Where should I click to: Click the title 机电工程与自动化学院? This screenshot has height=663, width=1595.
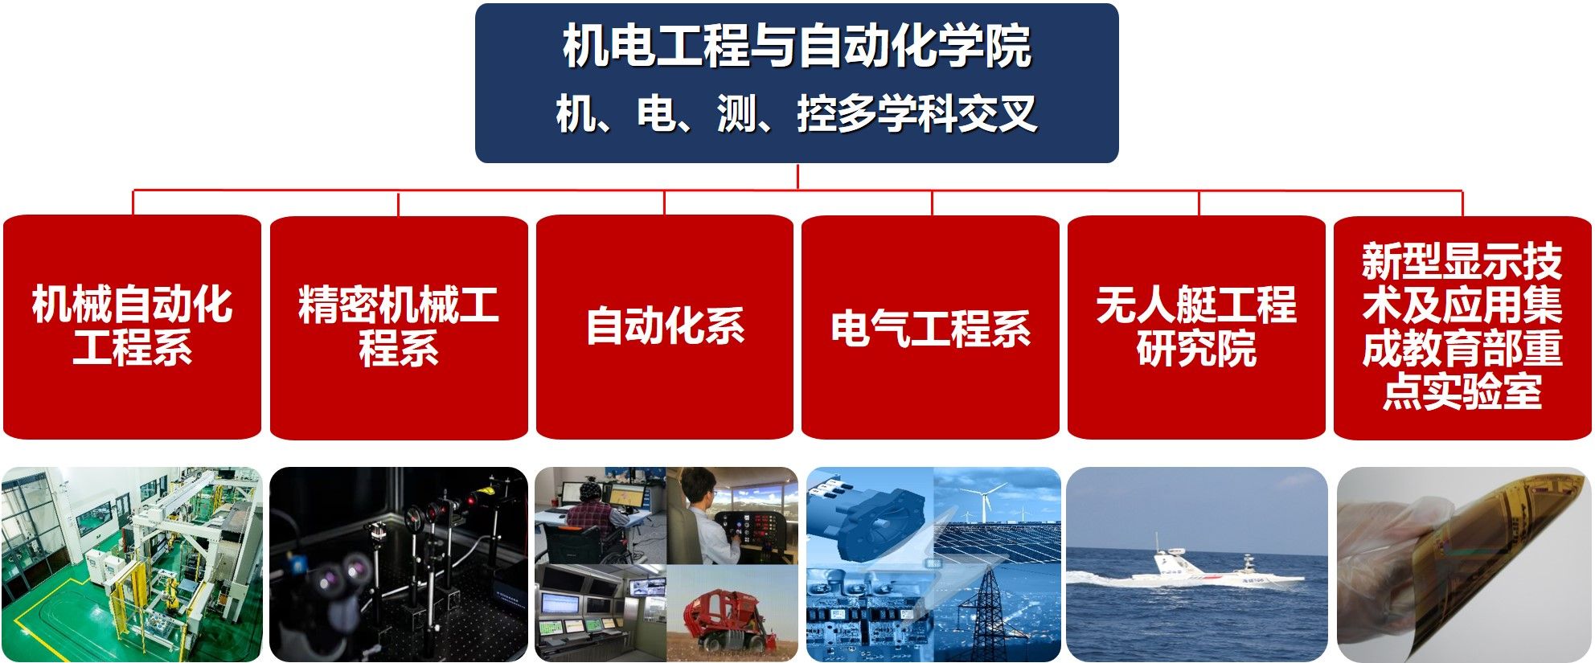coord(797,46)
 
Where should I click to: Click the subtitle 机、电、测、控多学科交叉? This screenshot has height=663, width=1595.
coord(797,113)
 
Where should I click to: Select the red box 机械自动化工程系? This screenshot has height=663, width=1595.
coord(133,327)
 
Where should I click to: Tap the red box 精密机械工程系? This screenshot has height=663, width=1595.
coord(399,327)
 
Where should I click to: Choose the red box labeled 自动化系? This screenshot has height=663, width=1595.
coord(665,327)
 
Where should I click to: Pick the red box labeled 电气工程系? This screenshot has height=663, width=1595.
coord(931,327)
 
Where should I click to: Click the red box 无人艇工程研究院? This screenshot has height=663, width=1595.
coord(1197,327)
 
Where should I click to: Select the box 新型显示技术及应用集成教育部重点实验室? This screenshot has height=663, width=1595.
coord(1462,327)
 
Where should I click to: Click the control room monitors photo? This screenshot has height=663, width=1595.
coord(601,613)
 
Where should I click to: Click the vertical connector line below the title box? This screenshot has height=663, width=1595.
coord(797,177)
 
